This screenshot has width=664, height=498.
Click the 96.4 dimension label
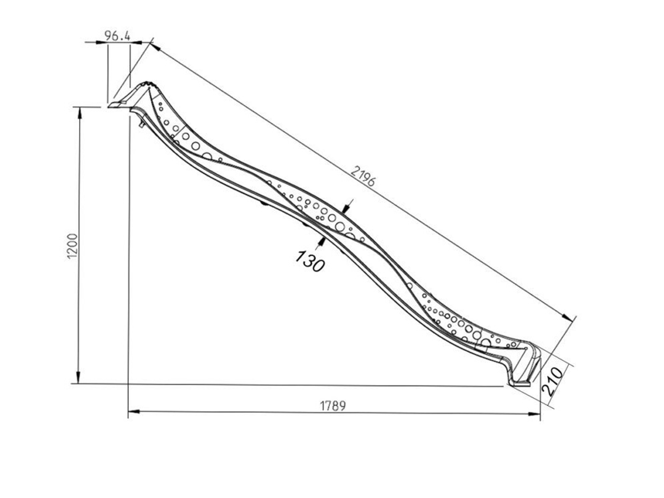point(117,35)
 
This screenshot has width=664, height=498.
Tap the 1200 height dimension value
point(73,246)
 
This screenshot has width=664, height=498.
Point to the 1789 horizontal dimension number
point(333,406)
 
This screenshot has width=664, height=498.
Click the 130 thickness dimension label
point(310,261)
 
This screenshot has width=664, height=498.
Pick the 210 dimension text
point(553,381)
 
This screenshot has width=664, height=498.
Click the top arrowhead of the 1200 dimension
point(80,113)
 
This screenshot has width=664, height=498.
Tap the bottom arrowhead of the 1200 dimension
point(79,377)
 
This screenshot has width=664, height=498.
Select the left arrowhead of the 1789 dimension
point(134,412)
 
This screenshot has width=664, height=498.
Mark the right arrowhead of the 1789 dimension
point(534,414)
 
